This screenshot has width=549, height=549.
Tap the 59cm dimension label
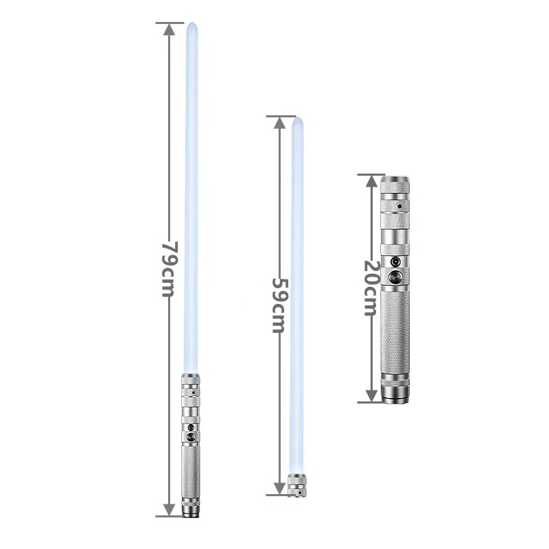click(x=278, y=305)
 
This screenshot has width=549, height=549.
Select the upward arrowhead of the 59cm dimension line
click(x=279, y=123)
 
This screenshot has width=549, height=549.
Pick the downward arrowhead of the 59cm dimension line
click(x=279, y=487)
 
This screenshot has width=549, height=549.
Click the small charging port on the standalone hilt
click(x=395, y=261)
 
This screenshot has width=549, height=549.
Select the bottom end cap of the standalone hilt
click(x=395, y=396)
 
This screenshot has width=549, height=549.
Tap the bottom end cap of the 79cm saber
click(x=190, y=511)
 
